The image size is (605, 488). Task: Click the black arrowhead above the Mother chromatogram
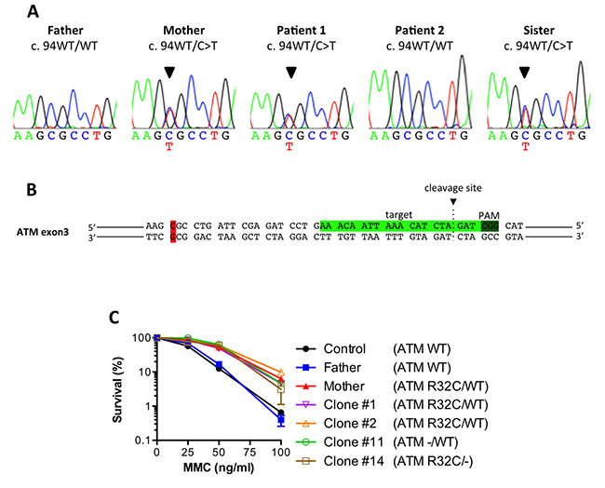tap(168, 72)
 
